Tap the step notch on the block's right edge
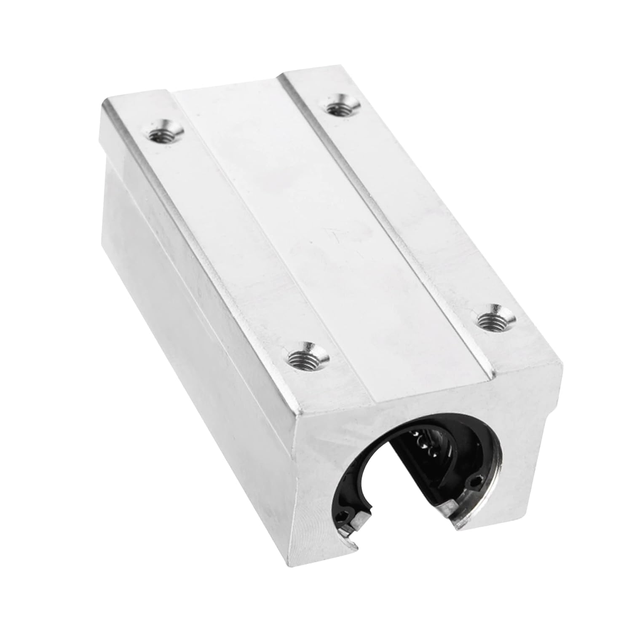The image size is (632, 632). point(554,371)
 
